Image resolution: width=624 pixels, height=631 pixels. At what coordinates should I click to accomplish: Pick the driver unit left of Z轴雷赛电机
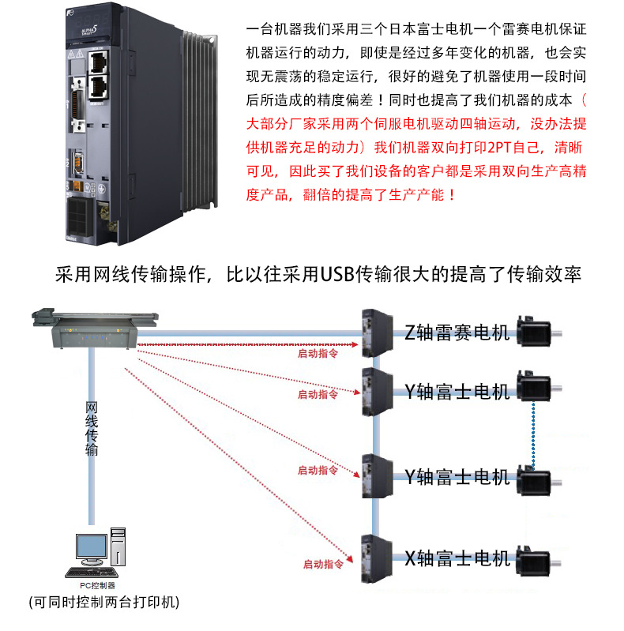point(377,331)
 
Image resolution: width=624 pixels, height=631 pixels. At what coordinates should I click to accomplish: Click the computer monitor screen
point(92,546)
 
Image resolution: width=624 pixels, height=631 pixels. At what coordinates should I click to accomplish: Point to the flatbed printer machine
point(96,327)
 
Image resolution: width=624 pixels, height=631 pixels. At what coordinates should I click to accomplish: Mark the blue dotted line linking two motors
point(535,434)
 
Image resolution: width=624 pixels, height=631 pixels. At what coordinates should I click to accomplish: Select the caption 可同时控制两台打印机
point(103,603)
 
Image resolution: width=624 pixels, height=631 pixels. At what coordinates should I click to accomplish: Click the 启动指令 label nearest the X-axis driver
point(322,565)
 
